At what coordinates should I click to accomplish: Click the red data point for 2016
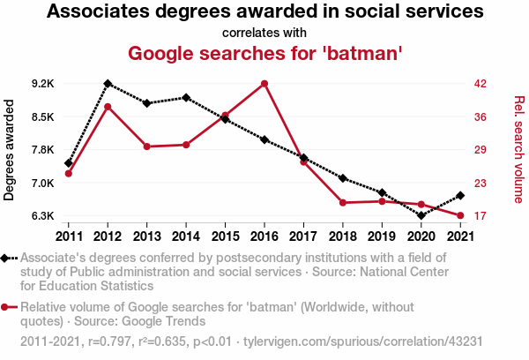pyautogui.click(x=264, y=84)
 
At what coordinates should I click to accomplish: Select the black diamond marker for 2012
pyautogui.click(x=108, y=84)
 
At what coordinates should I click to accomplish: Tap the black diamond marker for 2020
pyautogui.click(x=421, y=215)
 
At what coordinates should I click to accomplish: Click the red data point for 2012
pyautogui.click(x=108, y=107)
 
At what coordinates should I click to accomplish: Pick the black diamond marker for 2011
pyautogui.click(x=69, y=163)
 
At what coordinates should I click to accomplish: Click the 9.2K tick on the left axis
pyautogui.click(x=42, y=84)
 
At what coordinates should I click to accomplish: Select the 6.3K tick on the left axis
pyautogui.click(x=42, y=216)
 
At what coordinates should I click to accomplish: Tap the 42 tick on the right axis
pyautogui.click(x=481, y=84)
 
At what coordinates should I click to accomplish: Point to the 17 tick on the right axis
pyautogui.click(x=481, y=216)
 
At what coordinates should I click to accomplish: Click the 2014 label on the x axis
pyautogui.click(x=186, y=236)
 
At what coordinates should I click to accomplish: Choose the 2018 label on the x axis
pyautogui.click(x=343, y=236)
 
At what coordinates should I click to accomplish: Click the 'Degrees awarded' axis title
pyautogui.click(x=10, y=150)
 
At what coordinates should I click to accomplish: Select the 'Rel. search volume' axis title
pyautogui.click(x=519, y=150)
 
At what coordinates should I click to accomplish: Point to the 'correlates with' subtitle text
pyautogui.click(x=264, y=33)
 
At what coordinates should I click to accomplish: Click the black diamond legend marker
pyautogui.click(x=8, y=259)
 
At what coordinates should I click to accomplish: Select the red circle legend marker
pyautogui.click(x=8, y=308)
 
